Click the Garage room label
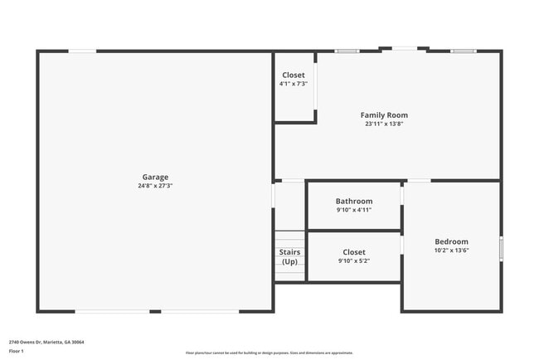click(155, 177)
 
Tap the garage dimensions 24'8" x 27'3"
click(155, 186)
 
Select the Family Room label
click(384, 115)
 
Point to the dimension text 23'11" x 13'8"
click(384, 124)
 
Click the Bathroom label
click(354, 201)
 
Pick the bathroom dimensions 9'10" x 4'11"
click(354, 210)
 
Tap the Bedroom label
click(451, 241)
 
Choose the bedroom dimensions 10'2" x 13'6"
click(451, 251)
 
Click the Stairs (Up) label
click(289, 257)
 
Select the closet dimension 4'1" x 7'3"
click(294, 84)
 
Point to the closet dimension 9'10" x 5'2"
click(354, 261)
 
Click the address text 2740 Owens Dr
click(46, 342)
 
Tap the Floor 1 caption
click(16, 351)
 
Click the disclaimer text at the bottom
click(269, 353)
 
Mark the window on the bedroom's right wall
click(501, 248)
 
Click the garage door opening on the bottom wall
click(158, 311)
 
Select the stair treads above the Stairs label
click(289, 237)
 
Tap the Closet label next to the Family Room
click(294, 75)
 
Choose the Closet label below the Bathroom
click(354, 252)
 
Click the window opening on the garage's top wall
click(81, 51)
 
